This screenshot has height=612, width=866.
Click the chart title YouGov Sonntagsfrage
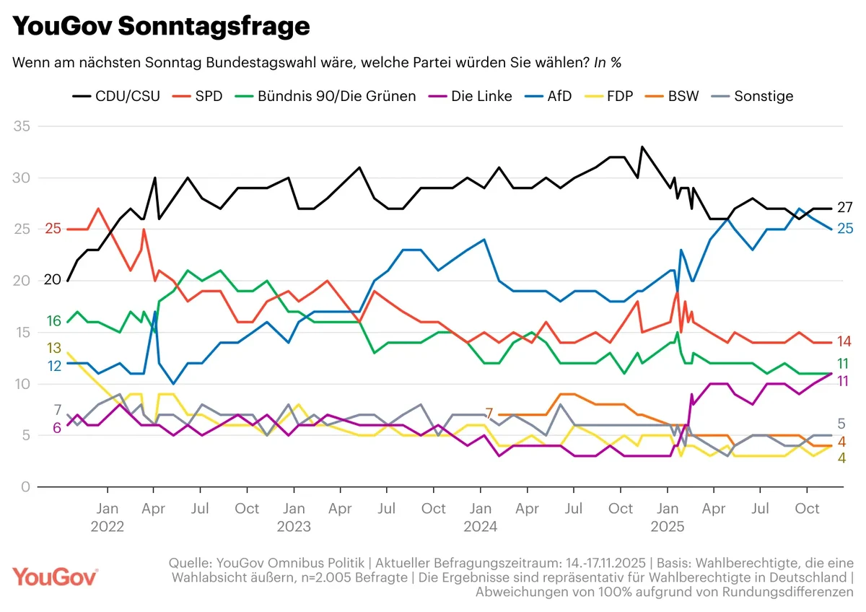click(x=162, y=27)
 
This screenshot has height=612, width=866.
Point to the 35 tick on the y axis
click(x=24, y=127)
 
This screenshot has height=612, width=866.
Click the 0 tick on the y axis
click(x=27, y=487)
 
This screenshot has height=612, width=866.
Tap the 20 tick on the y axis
click(x=23, y=281)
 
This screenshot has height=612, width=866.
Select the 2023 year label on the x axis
click(x=294, y=527)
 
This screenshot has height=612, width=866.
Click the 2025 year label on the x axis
click(x=668, y=527)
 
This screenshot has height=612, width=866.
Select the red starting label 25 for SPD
click(x=53, y=229)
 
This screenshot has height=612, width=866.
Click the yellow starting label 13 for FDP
click(x=54, y=348)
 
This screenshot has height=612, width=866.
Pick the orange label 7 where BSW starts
click(x=489, y=414)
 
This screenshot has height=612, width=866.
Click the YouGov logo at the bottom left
click(x=56, y=577)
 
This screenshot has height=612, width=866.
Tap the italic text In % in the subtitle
click(x=607, y=63)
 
